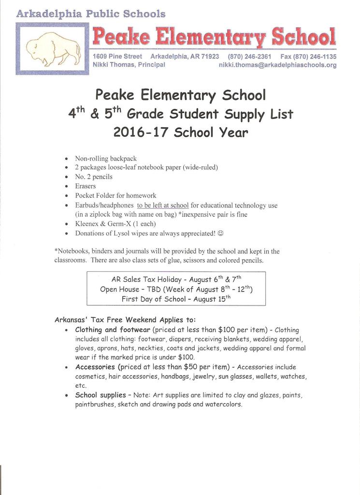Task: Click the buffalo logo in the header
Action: tap(52, 49)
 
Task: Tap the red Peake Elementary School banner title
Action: tap(214, 36)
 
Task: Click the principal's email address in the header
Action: tap(277, 65)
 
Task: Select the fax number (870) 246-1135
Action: tap(308, 57)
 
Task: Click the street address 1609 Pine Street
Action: tap(117, 57)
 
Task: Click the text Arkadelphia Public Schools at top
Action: tap(91, 14)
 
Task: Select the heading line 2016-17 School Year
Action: tap(180, 132)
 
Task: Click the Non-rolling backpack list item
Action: tap(106, 158)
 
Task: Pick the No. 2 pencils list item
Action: tap(94, 177)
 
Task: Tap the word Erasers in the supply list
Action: tap(86, 186)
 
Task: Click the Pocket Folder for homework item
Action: tap(115, 196)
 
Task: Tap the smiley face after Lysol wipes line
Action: tap(221, 233)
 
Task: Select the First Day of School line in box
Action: tap(176, 299)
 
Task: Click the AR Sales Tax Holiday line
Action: tap(176, 279)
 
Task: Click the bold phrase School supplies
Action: tap(101, 395)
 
